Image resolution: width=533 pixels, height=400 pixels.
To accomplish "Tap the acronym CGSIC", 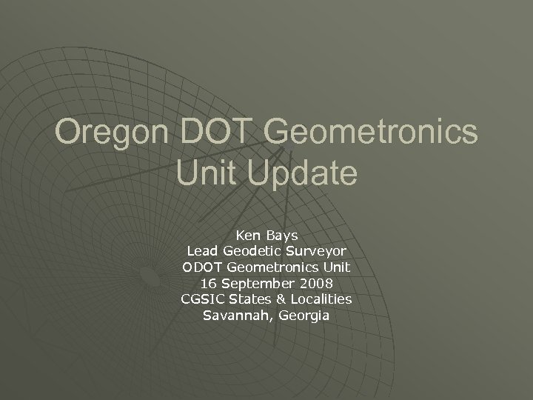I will (200, 300).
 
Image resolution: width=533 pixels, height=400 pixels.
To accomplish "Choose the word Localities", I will (318, 300).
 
